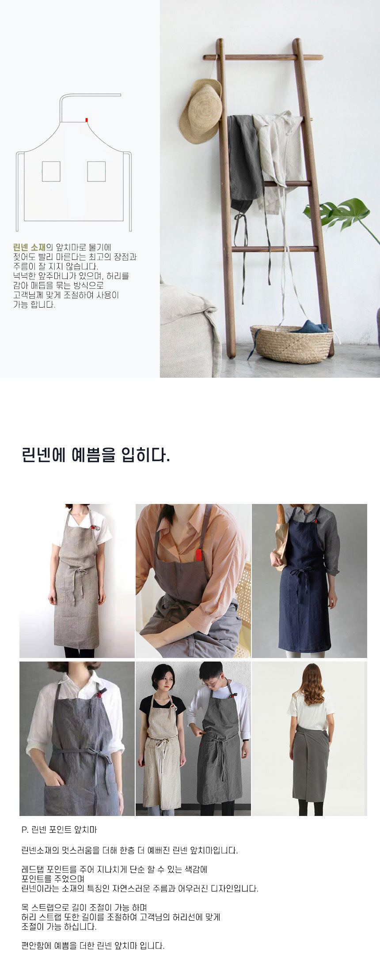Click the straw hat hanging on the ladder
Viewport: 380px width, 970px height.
pyautogui.click(x=201, y=111)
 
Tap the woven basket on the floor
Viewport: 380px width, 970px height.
pyautogui.click(x=292, y=344)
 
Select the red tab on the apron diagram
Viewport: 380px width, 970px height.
pyautogui.click(x=87, y=120)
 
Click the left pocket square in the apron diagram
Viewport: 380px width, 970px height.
pyautogui.click(x=51, y=172)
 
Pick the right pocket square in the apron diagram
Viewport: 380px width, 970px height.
pyautogui.click(x=96, y=172)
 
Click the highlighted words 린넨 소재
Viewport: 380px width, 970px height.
pyautogui.click(x=29, y=247)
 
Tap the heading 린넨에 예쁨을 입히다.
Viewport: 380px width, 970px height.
pyautogui.click(x=96, y=455)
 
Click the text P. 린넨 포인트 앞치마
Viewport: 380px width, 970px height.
pyautogui.click(x=59, y=830)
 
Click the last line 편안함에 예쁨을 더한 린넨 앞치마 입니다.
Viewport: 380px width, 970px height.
pyautogui.click(x=93, y=945)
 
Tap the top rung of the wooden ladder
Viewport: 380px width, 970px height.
pyautogui.click(x=263, y=57)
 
